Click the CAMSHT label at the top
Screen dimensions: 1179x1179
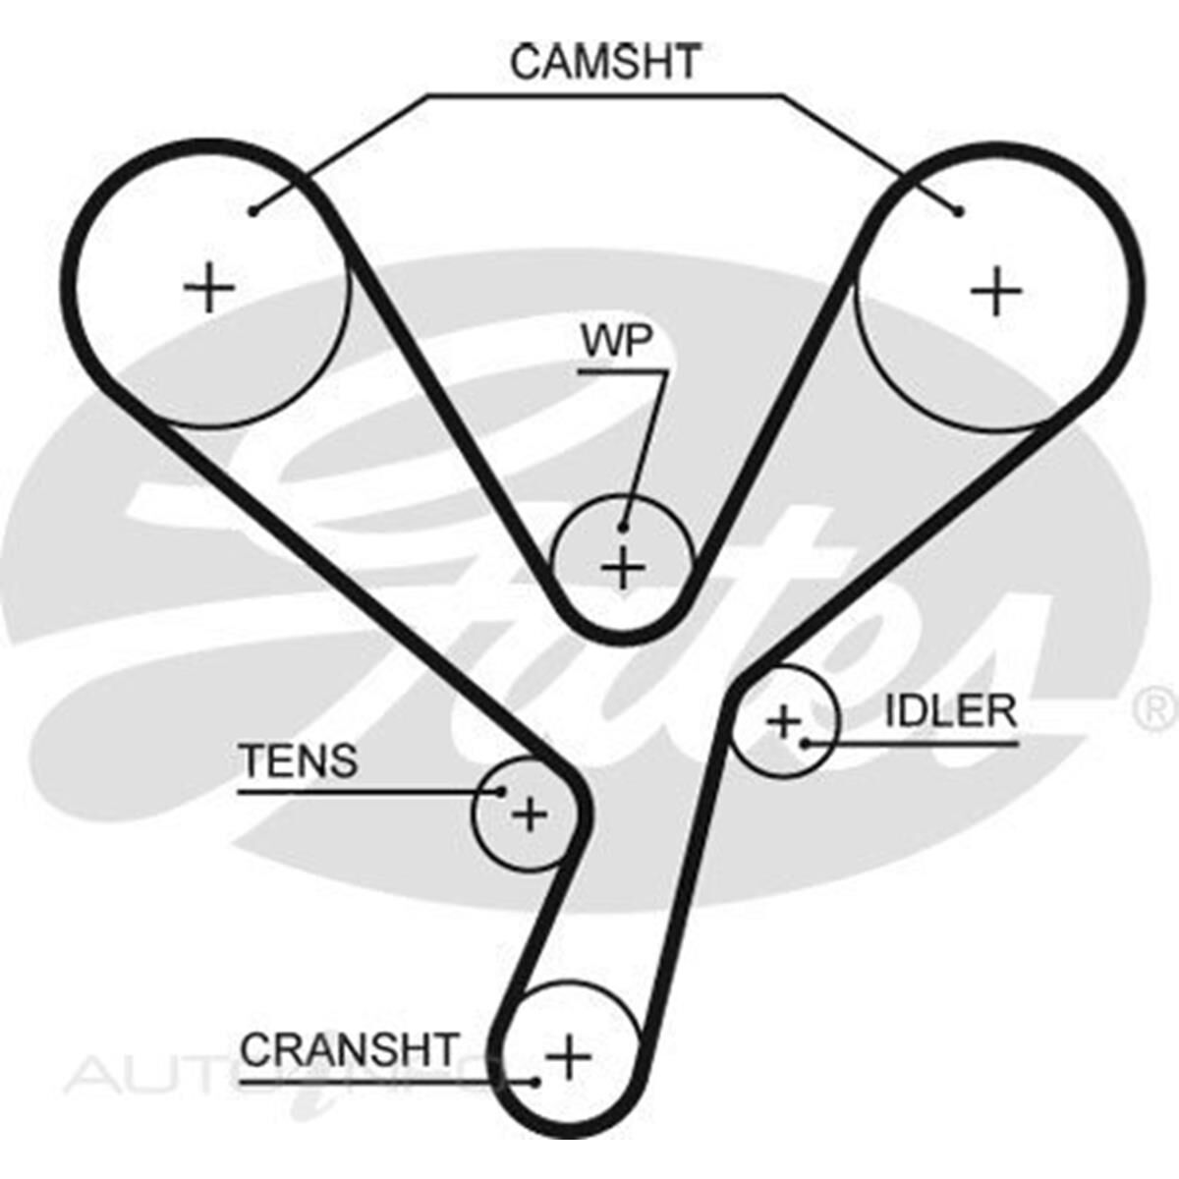tap(604, 61)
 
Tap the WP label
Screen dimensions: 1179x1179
tap(616, 341)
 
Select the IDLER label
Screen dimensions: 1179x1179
tap(950, 711)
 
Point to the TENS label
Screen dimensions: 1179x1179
tap(298, 761)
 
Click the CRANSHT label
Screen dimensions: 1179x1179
tap(350, 1049)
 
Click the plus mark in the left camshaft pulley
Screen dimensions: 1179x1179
tap(209, 289)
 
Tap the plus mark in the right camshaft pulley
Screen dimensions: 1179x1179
tap(996, 291)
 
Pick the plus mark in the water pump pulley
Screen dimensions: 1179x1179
tap(622, 568)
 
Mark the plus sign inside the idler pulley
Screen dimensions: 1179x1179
tap(784, 722)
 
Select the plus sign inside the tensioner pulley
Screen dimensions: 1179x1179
tap(530, 814)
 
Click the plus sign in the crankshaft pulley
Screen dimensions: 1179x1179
tap(569, 1057)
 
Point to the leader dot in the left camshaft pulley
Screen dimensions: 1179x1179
tap(253, 210)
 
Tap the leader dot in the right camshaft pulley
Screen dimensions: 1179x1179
tap(959, 210)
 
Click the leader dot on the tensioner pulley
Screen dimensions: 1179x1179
tap(501, 791)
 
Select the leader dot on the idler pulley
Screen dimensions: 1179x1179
tap(805, 743)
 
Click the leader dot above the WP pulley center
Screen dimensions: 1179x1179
tap(623, 528)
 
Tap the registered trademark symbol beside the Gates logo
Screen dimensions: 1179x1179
tap(1155, 707)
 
